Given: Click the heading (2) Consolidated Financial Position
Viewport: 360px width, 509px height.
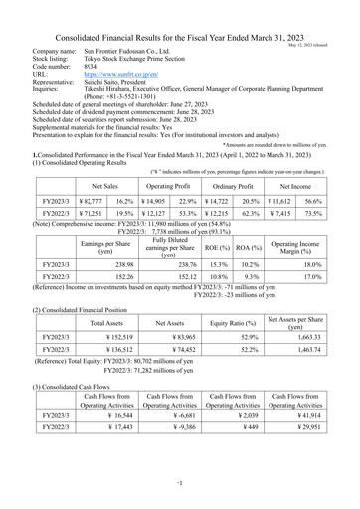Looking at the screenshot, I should point(82,309).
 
